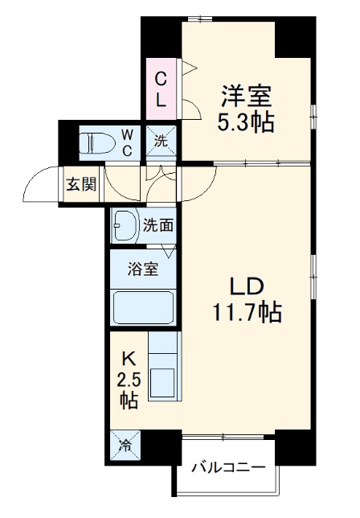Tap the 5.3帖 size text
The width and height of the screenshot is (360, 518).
[247, 123]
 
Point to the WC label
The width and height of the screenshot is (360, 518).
[128, 142]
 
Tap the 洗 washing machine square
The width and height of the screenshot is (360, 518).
[161, 142]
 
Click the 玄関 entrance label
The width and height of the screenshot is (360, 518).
[80, 184]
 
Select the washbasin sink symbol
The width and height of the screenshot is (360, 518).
[125, 226]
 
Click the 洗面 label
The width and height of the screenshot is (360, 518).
[158, 226]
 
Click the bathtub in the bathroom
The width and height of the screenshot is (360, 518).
[144, 306]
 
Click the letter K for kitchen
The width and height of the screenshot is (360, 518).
[129, 359]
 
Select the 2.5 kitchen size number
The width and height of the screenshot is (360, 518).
[129, 378]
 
